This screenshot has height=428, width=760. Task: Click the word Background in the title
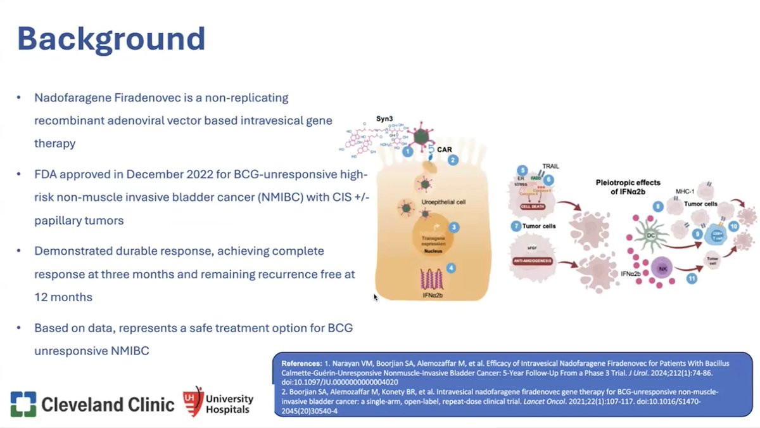(111, 39)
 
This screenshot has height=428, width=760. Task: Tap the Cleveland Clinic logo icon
(23, 404)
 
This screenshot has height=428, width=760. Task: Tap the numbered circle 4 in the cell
(450, 268)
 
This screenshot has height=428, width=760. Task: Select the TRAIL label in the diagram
(550, 167)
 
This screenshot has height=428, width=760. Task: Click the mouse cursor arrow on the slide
(375, 296)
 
